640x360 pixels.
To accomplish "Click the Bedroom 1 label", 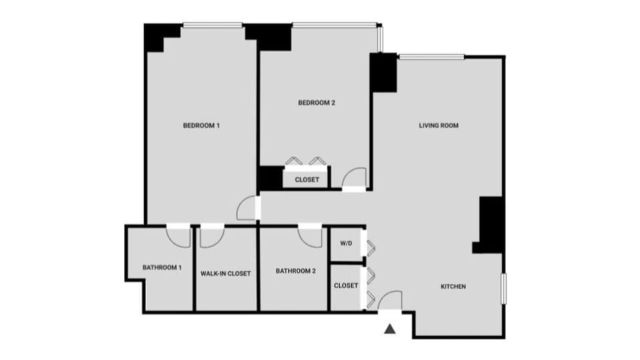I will point(201,125).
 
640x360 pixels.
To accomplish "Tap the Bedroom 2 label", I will point(316,103).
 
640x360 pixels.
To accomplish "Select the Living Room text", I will point(439,125).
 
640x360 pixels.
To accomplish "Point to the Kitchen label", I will point(453,287).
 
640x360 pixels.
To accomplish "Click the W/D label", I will point(346,244).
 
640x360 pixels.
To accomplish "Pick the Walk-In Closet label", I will point(225,273).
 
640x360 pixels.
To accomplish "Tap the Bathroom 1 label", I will point(162,267).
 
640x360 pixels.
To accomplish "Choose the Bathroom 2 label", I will point(295,271).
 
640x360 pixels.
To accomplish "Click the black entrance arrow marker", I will point(391,328).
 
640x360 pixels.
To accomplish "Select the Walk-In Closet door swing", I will point(211,235).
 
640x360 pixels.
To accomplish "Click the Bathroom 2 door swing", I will point(311,235).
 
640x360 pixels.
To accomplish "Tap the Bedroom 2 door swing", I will point(354,178).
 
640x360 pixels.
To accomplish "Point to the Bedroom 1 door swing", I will point(247,208).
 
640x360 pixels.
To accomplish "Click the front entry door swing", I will point(390,301).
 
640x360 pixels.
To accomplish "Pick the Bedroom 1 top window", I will point(212,26).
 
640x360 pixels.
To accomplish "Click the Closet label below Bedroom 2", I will point(307,179).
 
